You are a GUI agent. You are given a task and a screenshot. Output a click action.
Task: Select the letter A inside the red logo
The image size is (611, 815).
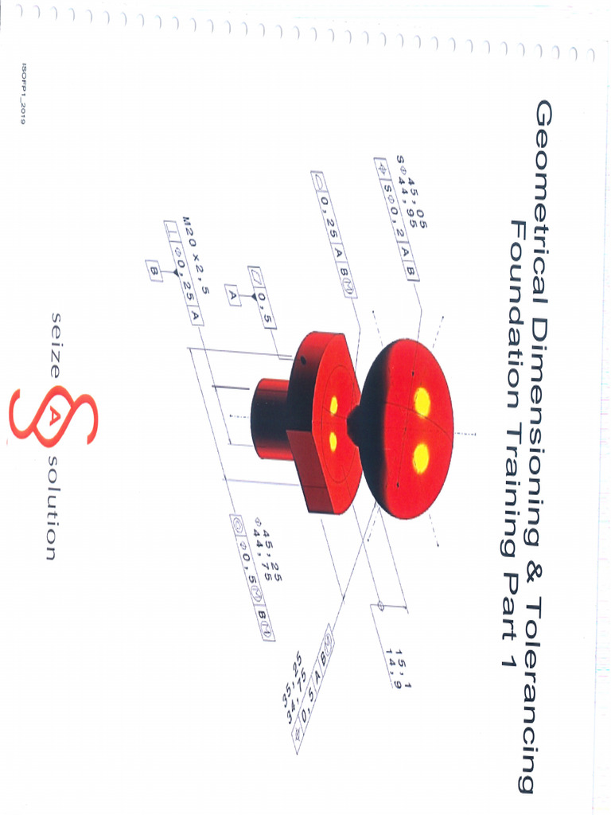50,418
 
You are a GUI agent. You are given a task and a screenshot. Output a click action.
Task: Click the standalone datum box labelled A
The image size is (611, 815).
233,296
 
